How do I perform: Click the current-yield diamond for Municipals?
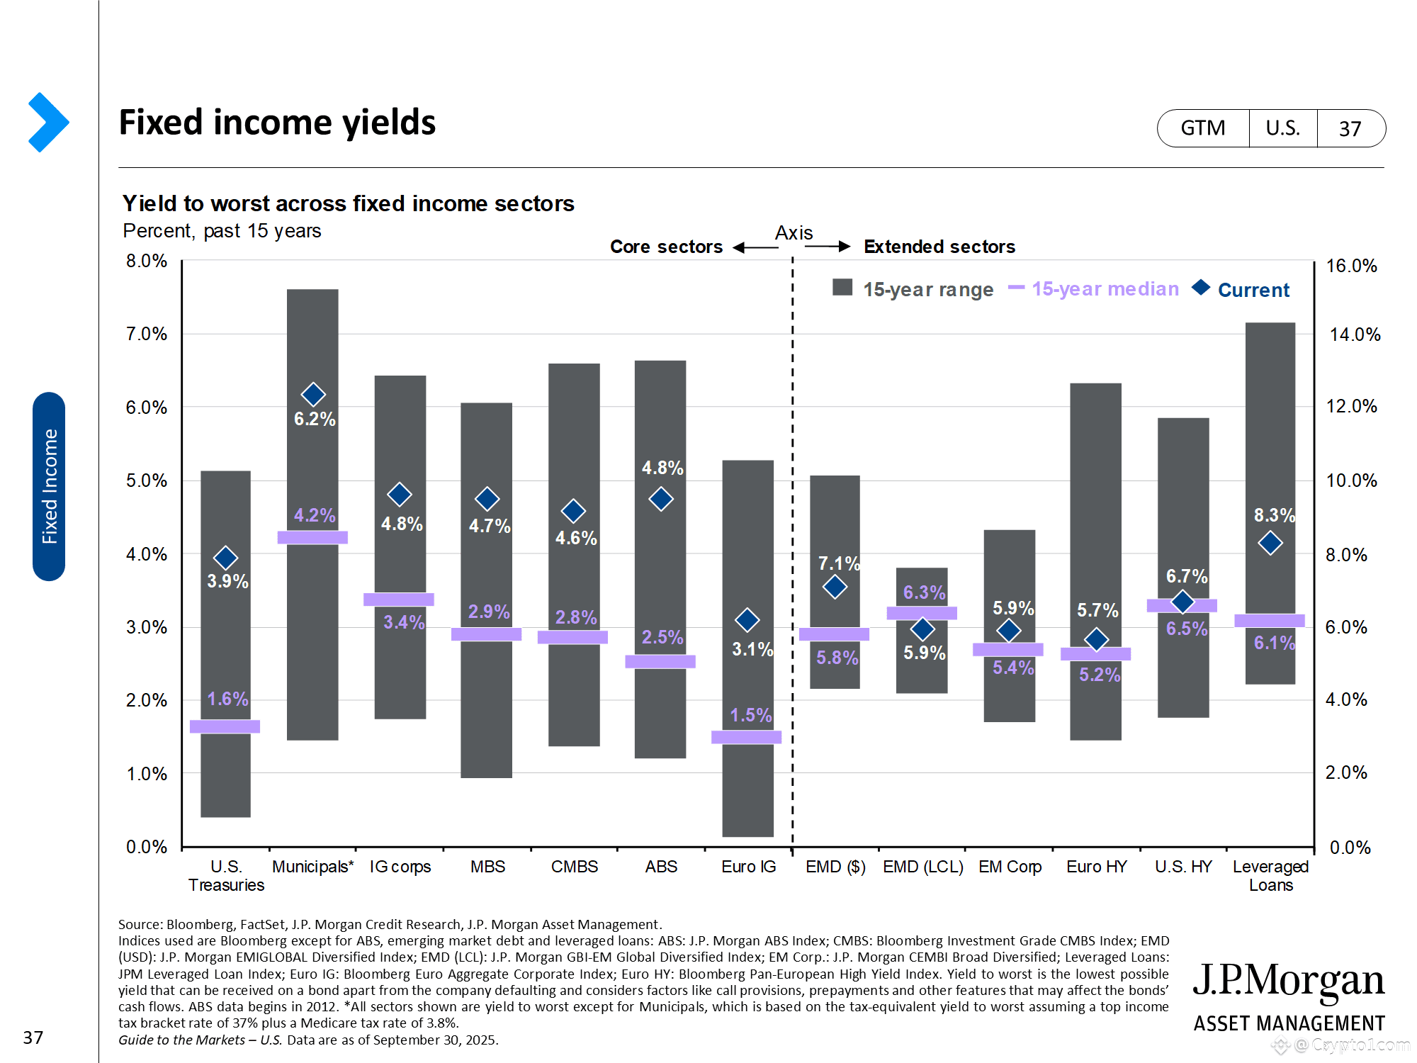(x=313, y=394)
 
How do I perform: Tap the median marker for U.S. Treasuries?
(x=225, y=726)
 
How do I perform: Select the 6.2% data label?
(x=315, y=419)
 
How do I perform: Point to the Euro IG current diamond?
(x=747, y=620)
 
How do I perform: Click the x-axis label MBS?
(x=487, y=867)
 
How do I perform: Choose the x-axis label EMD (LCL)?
(x=922, y=867)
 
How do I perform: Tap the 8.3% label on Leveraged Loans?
(x=1274, y=515)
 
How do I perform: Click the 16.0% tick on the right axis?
(x=1351, y=266)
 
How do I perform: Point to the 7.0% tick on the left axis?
(x=147, y=334)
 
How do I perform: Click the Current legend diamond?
(x=1201, y=287)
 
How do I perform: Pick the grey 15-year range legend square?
(x=842, y=287)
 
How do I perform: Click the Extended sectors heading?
(x=939, y=247)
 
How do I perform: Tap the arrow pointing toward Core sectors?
(x=755, y=247)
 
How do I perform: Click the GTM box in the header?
(x=1202, y=128)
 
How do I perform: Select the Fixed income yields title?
(x=277, y=122)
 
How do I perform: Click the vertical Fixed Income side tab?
(x=49, y=486)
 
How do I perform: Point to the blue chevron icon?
(x=48, y=122)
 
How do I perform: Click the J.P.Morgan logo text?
(x=1288, y=982)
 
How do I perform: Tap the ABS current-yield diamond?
(x=661, y=499)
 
